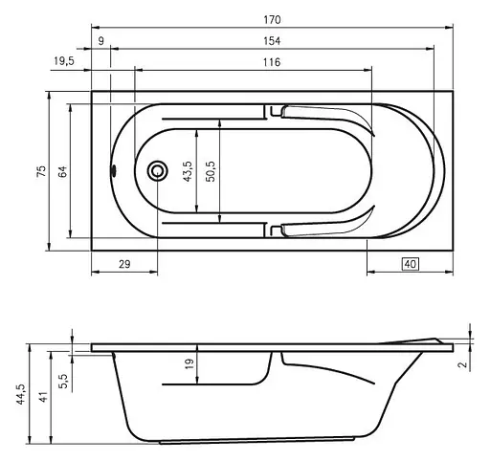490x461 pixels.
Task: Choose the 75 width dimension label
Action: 40,170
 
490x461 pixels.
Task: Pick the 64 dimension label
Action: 62,170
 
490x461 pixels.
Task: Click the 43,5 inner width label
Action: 188,170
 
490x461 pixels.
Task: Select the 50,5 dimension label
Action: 212,170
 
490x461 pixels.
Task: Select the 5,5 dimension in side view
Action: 63,380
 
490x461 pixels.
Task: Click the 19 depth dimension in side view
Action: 189,363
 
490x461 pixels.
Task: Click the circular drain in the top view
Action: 157,171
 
